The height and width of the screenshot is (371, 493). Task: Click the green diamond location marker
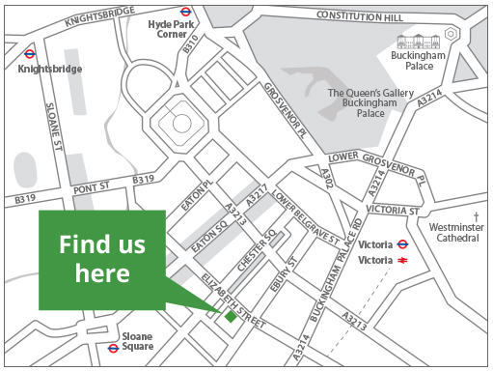point(230,315)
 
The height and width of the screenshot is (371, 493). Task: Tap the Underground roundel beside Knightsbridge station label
point(31,55)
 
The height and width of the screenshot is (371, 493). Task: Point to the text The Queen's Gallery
point(370,94)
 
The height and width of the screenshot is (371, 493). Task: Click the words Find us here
point(94,259)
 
